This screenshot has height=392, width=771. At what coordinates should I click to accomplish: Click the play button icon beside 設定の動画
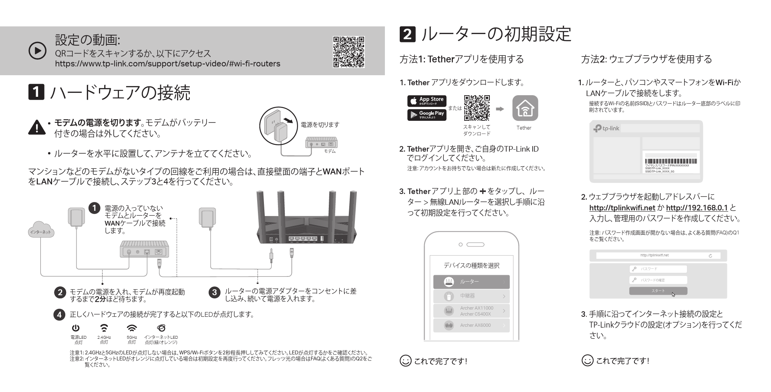point(38,51)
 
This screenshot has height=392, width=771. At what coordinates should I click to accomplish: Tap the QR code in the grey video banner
point(348,52)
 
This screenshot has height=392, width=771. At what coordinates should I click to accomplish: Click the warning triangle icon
point(36,127)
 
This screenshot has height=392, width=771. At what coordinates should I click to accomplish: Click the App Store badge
point(427,101)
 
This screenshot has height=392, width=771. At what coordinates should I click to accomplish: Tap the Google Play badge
point(427,115)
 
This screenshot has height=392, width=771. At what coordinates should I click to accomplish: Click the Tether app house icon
point(525,108)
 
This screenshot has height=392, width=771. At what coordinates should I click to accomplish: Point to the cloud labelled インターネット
point(41,231)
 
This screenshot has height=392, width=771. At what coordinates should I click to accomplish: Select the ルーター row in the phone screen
point(471,282)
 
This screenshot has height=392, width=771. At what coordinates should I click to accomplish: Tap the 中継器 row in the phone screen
point(471,296)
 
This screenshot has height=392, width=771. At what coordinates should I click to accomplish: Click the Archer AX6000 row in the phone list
point(471,325)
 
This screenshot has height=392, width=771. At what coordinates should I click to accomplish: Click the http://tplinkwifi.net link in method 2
point(622,208)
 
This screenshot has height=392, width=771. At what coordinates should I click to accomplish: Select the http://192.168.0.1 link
point(697,208)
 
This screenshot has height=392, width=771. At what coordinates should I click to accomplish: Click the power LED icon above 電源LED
point(76,328)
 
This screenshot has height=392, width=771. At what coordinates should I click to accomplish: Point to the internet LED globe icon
point(161,328)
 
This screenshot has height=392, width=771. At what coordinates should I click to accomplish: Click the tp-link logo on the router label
point(606,128)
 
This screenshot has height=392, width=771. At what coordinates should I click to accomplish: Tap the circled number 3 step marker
point(214,292)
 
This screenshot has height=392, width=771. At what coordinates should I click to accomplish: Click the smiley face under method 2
point(587,360)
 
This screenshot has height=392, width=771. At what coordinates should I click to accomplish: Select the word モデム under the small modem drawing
point(330,151)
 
